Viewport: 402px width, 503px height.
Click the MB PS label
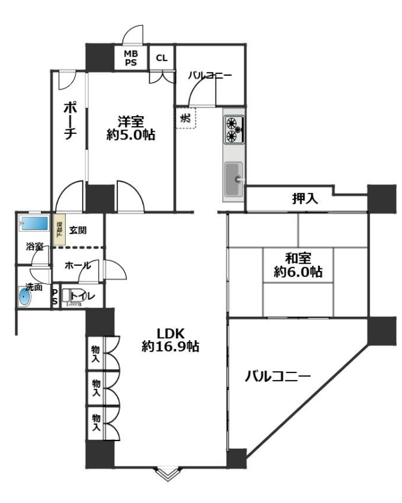tap(131, 58)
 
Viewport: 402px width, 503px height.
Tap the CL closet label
tap(162, 58)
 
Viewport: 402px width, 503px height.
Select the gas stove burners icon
tap(234, 128)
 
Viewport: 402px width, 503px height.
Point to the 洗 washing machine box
tap(186, 117)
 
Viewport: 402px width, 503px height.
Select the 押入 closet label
tap(305, 199)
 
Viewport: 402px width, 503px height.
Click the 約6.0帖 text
tap(298, 272)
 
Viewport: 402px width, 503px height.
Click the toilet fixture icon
tap(73, 297)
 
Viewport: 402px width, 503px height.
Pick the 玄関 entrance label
tap(79, 230)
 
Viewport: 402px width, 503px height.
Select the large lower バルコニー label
tap(278, 377)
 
